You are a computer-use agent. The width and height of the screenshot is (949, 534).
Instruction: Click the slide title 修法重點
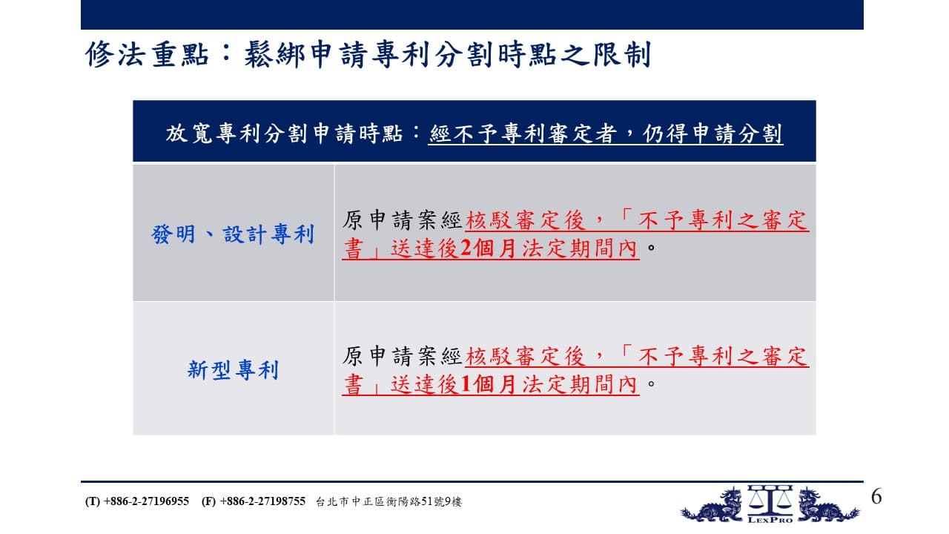147,55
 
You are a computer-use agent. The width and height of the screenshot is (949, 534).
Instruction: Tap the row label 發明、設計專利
233,234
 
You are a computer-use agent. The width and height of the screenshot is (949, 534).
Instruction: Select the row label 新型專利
233,370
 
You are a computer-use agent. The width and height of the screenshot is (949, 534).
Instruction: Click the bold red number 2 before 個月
465,248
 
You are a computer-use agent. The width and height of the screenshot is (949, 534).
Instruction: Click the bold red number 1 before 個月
465,384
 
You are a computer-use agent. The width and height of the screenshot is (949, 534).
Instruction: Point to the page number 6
876,496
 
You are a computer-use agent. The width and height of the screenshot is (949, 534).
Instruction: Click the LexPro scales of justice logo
770,504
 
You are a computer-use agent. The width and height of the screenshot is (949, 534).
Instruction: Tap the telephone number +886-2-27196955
146,501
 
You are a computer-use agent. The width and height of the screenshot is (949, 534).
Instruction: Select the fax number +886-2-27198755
262,501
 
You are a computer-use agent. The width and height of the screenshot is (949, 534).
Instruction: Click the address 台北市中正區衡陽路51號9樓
388,502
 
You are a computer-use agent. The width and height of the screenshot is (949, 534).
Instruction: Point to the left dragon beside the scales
712,505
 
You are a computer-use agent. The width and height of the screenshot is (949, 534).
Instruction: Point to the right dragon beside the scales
828,505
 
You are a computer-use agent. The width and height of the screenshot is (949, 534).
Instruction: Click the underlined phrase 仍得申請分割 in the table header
712,133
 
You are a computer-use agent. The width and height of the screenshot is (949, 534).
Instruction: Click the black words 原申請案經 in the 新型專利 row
402,356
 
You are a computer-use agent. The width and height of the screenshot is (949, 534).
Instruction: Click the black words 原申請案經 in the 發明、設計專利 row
402,220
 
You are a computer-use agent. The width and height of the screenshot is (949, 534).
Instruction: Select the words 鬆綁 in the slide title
274,55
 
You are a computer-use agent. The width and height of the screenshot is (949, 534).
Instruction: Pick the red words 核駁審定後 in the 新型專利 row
525,356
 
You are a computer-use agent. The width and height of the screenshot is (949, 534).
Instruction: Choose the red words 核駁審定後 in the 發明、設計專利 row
525,220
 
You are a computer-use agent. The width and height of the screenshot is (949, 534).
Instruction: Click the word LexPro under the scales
770,519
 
